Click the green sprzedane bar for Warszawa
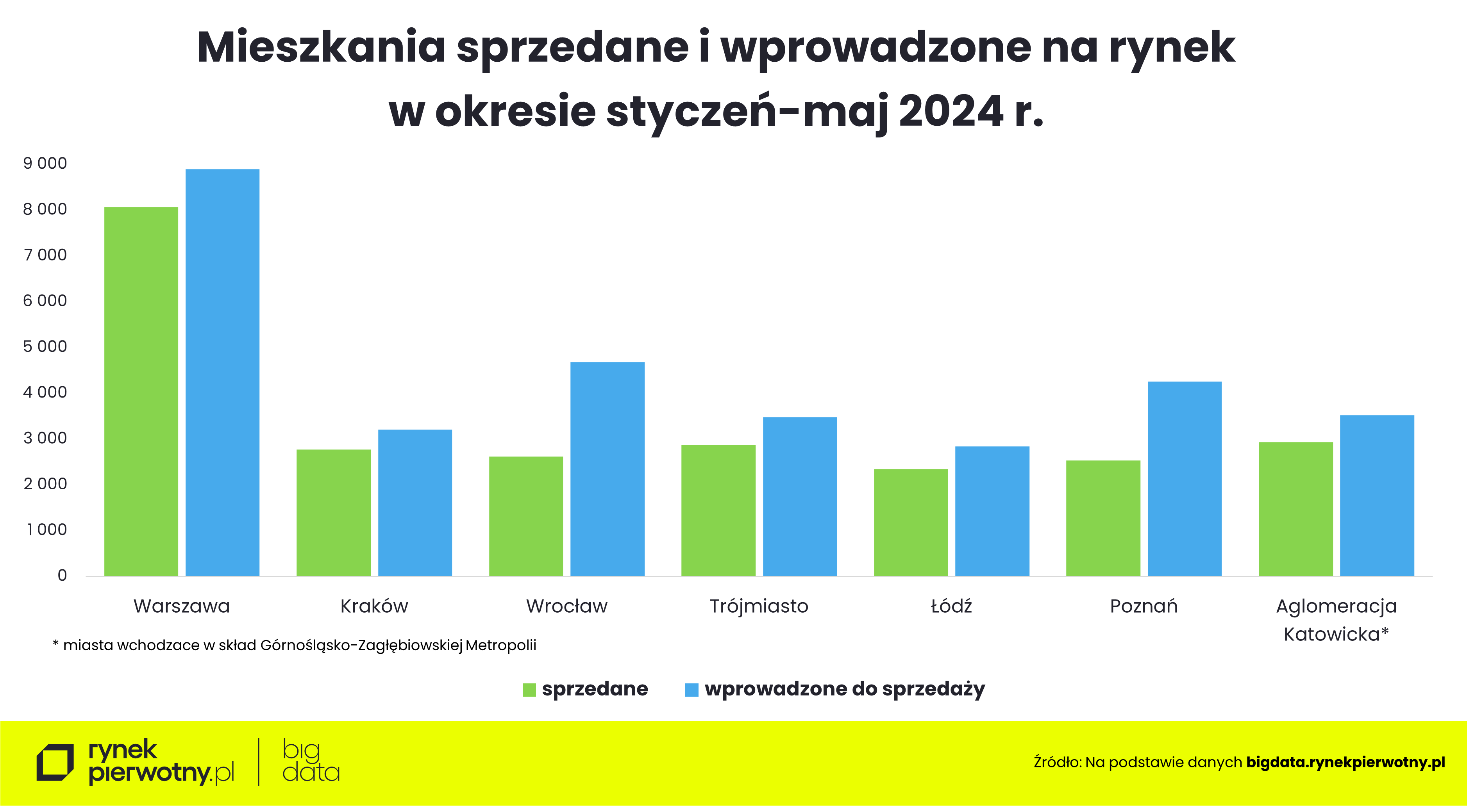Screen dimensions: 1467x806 [141, 392]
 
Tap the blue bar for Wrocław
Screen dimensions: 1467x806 [608, 469]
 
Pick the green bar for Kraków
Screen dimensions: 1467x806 [334, 513]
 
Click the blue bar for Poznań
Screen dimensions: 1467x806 [1185, 479]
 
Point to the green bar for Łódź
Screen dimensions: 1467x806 [911, 522]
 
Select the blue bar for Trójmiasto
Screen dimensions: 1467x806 [800, 496]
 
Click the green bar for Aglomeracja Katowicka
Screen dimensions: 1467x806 [1295, 509]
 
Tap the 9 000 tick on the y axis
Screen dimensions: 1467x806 [45, 163]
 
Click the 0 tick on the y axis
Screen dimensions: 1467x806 [62, 576]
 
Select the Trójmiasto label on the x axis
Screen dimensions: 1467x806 [759, 606]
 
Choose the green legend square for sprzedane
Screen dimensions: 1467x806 [529, 690]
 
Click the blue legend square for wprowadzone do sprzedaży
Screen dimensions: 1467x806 [692, 690]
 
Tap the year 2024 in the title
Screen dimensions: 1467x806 [951, 111]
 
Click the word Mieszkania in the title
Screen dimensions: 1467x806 [321, 47]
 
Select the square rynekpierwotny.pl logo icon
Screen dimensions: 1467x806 [55, 762]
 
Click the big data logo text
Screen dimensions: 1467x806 [310, 761]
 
